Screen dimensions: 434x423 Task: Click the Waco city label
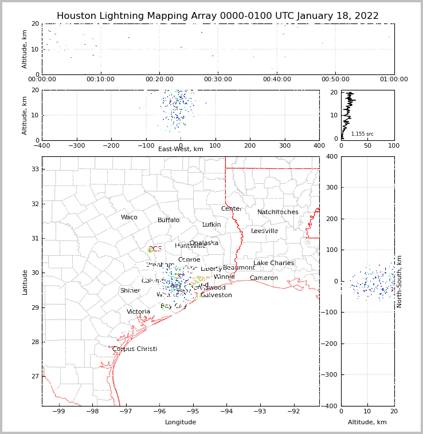(129, 218)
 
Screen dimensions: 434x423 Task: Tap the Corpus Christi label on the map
(134, 349)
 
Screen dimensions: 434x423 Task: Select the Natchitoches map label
(277, 212)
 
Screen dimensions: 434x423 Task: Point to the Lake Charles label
(273, 263)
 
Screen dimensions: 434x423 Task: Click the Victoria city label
(138, 312)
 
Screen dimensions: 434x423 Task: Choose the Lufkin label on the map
(211, 225)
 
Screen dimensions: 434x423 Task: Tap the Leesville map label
(264, 231)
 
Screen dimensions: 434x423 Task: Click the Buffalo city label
(169, 220)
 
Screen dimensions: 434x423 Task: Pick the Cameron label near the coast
(264, 278)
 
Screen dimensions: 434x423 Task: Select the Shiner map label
(130, 291)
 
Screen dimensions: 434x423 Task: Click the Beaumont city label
(238, 268)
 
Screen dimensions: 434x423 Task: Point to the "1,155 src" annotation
(362, 134)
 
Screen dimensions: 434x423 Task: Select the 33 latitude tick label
(34, 169)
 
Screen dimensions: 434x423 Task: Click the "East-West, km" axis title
(181, 149)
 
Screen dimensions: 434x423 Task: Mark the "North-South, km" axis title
(399, 281)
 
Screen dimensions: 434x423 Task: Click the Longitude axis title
(181, 423)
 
